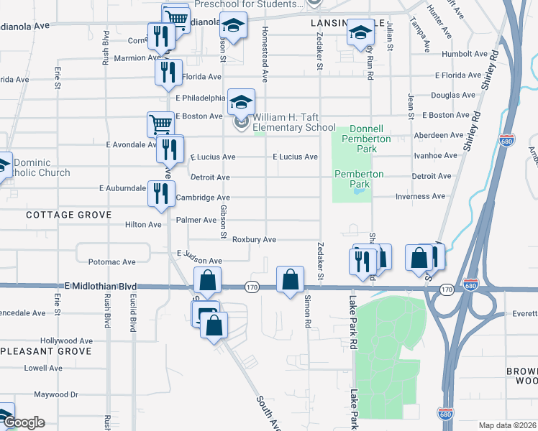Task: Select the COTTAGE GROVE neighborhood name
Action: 69,215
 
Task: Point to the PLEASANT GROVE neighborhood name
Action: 46,351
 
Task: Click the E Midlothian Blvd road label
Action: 100,286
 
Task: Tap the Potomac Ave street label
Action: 111,262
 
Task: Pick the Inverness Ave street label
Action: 420,196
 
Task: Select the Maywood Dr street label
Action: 55,394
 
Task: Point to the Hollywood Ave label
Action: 67,340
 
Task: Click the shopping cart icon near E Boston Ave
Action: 160,124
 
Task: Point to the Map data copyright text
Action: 508,425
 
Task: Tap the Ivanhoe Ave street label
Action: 435,155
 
